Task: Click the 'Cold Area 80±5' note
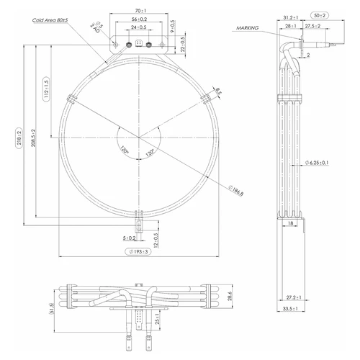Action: [55, 21]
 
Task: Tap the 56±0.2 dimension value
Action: [140, 19]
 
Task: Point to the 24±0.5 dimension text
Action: [140, 27]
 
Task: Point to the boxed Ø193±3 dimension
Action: [138, 251]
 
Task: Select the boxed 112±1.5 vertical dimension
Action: [45, 89]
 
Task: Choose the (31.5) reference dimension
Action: [51, 309]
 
